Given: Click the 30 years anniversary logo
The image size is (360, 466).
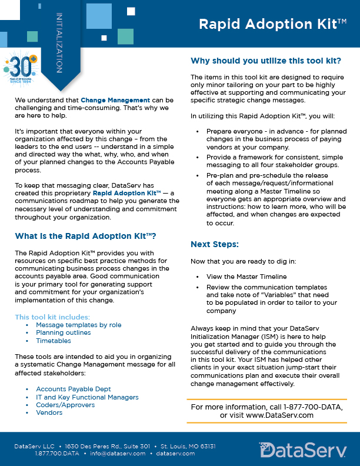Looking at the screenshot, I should coord(22,70).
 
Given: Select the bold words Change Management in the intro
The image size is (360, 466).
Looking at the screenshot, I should coord(115,101).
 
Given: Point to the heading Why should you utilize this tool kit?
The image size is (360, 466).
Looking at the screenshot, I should coord(266,61).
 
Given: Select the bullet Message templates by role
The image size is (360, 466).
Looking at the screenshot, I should coord(78,325).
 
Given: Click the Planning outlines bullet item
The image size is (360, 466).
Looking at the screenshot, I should coord(63,332).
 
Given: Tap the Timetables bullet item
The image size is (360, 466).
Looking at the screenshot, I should coord(54,341).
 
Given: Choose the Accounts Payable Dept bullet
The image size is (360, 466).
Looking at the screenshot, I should coord(73,390).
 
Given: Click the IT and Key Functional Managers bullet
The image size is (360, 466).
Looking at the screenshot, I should coord(87,397).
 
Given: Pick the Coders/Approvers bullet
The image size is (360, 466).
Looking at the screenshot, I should coord(65,405).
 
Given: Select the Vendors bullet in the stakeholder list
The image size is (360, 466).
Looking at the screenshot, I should coord(49,412).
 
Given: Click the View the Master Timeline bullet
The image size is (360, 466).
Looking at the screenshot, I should coord(246,277).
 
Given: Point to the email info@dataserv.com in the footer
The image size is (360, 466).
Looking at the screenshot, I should coord(117,454).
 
